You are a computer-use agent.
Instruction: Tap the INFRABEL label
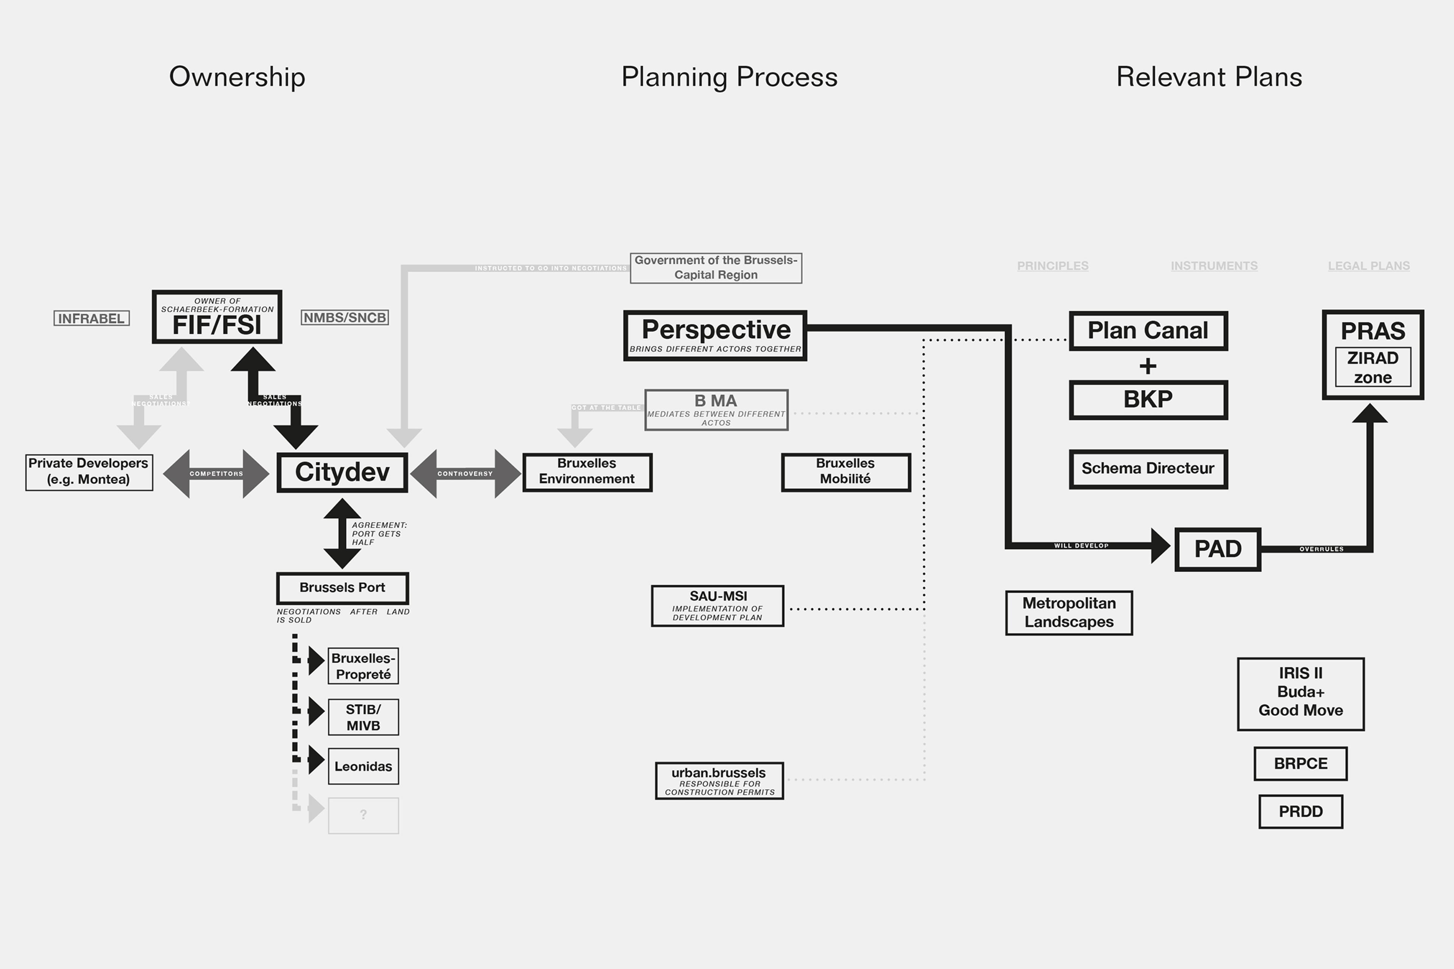(92, 318)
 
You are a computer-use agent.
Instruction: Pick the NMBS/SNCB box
(344, 318)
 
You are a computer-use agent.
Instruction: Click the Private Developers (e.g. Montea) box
(89, 472)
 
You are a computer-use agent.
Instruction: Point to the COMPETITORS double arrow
(216, 474)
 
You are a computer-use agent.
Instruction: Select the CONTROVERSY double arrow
(465, 474)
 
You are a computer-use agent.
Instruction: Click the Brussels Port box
(342, 588)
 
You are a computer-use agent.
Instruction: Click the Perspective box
(715, 336)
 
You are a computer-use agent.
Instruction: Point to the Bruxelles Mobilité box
(846, 472)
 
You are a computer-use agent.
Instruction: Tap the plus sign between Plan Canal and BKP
(1148, 366)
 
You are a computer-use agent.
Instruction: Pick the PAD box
(1217, 549)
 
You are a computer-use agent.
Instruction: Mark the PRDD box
(1301, 812)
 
